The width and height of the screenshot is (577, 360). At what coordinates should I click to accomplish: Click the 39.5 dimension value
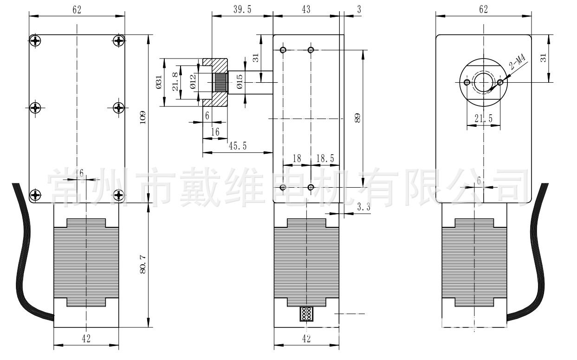242,9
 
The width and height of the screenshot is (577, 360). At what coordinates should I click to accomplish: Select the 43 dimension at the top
306,9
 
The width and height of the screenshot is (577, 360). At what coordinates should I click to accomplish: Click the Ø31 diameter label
159,82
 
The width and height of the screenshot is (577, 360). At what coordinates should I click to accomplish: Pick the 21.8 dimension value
175,82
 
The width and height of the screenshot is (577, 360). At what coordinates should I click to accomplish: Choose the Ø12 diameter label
192,82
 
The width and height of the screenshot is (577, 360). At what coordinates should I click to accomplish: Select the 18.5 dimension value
325,158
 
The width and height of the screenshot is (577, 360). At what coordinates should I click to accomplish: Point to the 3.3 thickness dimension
364,208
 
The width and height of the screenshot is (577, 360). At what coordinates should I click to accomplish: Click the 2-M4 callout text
517,62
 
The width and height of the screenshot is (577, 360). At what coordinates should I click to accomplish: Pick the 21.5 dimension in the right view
483,119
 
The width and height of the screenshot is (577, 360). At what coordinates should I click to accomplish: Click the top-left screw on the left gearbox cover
36,40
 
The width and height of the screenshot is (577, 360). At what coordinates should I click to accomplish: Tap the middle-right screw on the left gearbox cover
119,108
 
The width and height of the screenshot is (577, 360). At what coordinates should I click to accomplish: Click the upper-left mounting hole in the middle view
283,50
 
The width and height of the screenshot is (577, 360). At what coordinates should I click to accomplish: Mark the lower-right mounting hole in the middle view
311,187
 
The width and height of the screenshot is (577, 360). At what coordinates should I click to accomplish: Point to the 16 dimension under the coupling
215,132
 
